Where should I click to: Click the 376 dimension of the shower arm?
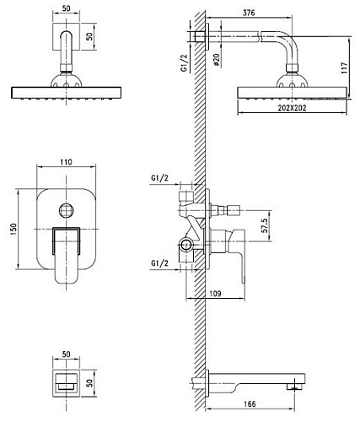[249, 13]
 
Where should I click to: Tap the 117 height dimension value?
[344, 68]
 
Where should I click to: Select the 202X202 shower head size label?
[292, 108]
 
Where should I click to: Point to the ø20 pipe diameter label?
[217, 60]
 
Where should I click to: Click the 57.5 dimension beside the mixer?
[265, 225]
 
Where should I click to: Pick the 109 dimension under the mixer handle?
[215, 294]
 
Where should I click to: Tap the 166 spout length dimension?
[250, 404]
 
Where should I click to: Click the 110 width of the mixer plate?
[66, 162]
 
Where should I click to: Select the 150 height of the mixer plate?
[13, 230]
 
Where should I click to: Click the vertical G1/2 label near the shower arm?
[184, 63]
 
